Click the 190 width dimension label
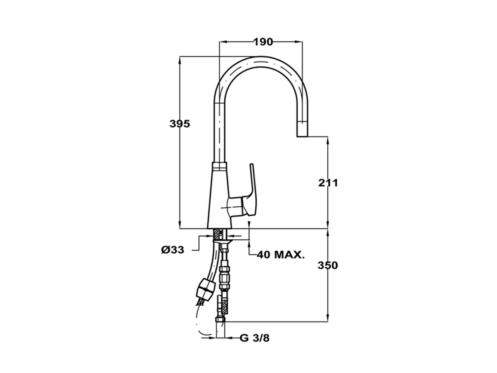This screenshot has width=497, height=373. tap(263, 42)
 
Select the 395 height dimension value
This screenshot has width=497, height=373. tap(179, 124)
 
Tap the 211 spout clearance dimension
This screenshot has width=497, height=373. tap(328, 183)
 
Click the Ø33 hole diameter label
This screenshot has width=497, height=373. tap(173, 250)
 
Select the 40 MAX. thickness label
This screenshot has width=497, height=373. tap(281, 255)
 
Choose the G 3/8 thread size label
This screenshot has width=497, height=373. tap(254, 338)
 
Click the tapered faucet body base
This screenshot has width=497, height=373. tap(219, 198)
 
